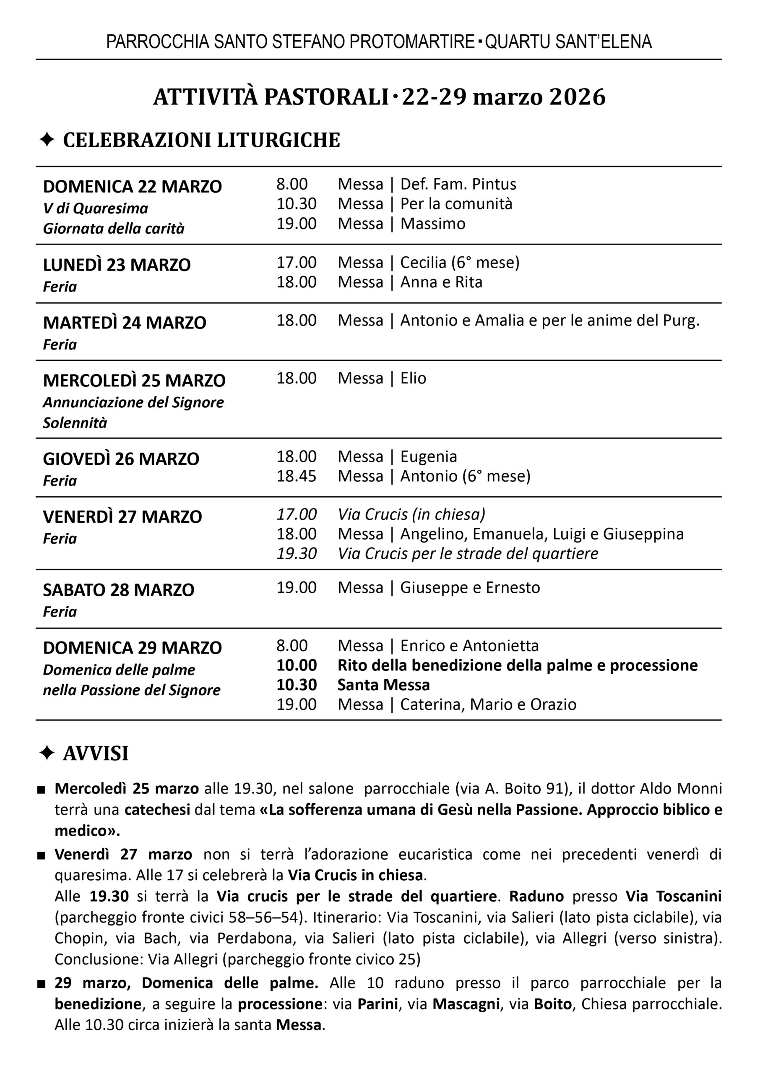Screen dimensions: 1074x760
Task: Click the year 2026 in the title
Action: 578,97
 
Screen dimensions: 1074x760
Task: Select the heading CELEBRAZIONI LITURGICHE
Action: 201,141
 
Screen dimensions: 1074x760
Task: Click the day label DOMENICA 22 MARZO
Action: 133,187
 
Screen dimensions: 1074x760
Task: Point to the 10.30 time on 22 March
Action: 296,204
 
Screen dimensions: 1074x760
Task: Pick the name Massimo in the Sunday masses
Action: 433,224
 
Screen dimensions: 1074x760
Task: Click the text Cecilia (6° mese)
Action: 460,263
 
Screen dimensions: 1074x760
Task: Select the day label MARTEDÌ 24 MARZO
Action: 125,323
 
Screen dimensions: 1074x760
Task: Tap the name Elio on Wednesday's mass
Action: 413,378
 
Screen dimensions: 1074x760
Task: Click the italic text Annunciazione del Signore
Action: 133,402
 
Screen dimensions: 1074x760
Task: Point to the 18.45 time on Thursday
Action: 296,477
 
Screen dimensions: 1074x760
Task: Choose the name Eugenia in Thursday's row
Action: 429,457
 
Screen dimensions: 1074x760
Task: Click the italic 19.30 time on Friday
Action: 296,554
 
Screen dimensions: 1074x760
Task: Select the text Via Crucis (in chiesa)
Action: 411,514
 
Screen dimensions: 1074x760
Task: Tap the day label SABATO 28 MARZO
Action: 118,590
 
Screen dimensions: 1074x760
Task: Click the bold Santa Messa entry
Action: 383,685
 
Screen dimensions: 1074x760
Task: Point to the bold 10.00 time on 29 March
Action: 296,665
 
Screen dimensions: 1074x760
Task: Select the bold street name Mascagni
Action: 466,1004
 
